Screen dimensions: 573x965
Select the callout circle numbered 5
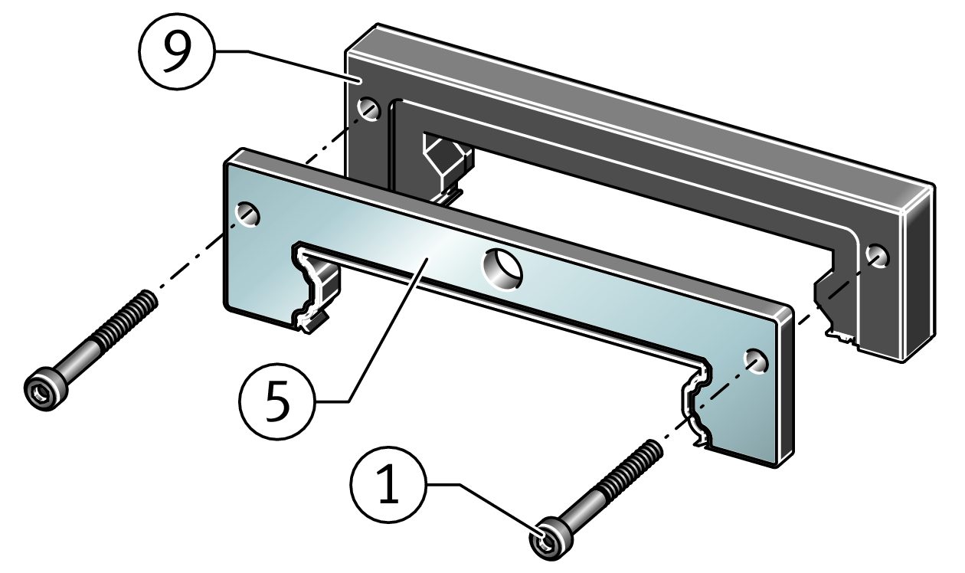(x=276, y=400)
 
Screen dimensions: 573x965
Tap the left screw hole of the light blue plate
(x=248, y=215)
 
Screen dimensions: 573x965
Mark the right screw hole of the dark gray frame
(x=877, y=255)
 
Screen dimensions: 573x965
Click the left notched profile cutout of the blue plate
(x=314, y=287)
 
